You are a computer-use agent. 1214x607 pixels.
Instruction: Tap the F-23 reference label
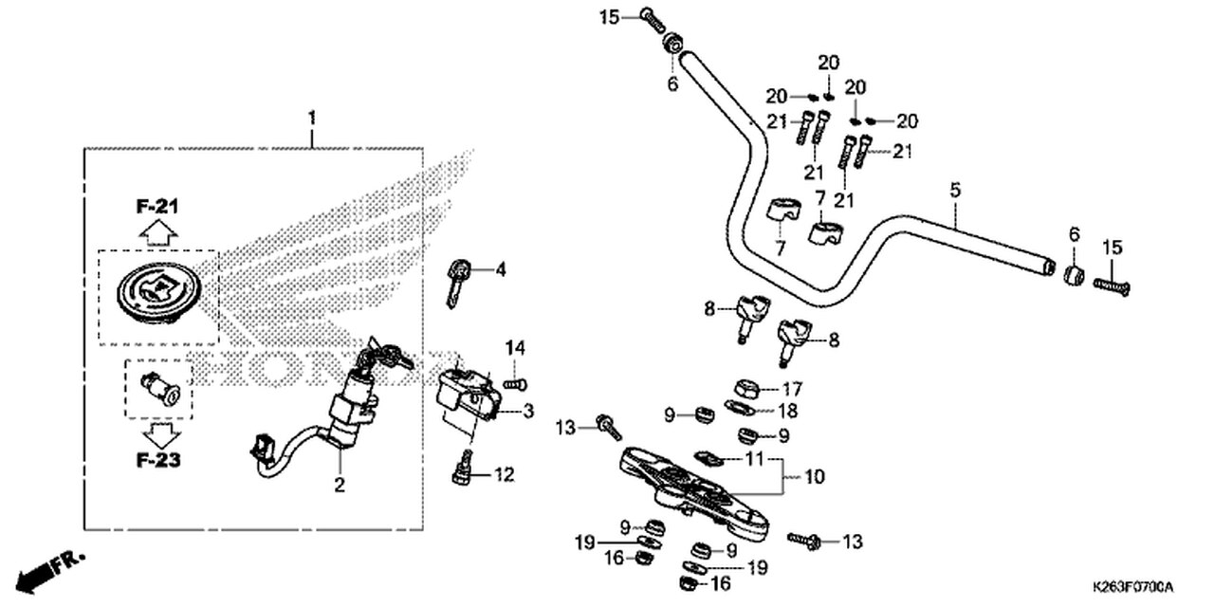pos(157,460)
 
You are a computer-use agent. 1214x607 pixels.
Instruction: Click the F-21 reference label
pos(157,206)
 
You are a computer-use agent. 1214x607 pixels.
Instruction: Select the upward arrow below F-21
pos(158,233)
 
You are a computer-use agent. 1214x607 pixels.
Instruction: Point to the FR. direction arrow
pos(48,572)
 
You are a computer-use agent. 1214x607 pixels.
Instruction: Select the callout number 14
pos(515,348)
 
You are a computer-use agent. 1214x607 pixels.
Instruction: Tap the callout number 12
pos(504,475)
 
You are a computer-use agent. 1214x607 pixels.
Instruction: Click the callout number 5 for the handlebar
pos(955,191)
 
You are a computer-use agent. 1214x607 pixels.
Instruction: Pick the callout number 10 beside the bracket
pos(814,477)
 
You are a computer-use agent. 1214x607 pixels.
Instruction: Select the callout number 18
pos(787,411)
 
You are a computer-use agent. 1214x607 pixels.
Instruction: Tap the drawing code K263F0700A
pos(1132,587)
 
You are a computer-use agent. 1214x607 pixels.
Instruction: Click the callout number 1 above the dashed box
pos(312,118)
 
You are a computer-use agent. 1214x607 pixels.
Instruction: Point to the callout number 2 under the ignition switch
pos(340,485)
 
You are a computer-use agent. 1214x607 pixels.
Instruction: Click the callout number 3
pos(528,412)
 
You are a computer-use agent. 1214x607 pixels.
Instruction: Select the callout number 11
pos(754,459)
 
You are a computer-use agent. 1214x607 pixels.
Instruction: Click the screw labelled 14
pos(515,385)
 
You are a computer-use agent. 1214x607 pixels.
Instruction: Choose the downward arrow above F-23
pos(160,435)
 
